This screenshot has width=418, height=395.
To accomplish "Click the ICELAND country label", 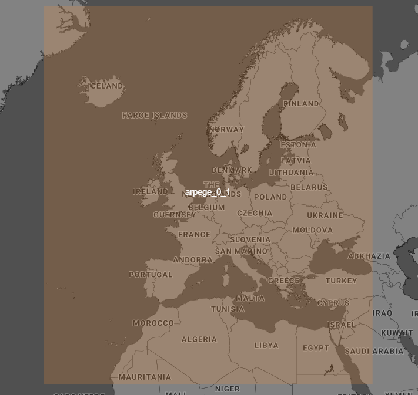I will coord(106,86).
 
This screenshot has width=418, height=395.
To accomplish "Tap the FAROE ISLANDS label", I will coord(155,115).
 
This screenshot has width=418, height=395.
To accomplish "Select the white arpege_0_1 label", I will coord(207,192).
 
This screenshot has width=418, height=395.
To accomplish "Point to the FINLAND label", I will coord(301,103).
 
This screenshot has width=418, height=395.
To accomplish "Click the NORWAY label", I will coord(226,129).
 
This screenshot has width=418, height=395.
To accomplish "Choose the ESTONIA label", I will coord(298,145).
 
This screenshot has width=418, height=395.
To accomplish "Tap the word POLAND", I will coord(270,197).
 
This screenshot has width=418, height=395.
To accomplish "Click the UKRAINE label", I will coord(325,215).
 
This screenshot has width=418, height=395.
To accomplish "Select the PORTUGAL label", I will coord(151,275).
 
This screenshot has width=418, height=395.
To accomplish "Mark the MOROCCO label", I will coord(153,323).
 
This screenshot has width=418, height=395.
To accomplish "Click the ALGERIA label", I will coord(199,339).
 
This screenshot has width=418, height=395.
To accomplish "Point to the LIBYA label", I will coord(266,345).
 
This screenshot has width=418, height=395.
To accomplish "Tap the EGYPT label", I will coord(316,348).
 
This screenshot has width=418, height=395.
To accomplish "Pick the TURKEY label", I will coord(341,281).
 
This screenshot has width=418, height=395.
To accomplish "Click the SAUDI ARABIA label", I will coord(374,351).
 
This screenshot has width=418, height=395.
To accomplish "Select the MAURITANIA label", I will coord(145,377).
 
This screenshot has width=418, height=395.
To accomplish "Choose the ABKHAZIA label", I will coord(369,256).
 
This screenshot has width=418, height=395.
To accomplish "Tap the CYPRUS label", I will coord(333,303).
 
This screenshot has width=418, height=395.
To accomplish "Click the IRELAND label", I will coord(150,191).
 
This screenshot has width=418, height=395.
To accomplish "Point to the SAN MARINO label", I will coord(241,251).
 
